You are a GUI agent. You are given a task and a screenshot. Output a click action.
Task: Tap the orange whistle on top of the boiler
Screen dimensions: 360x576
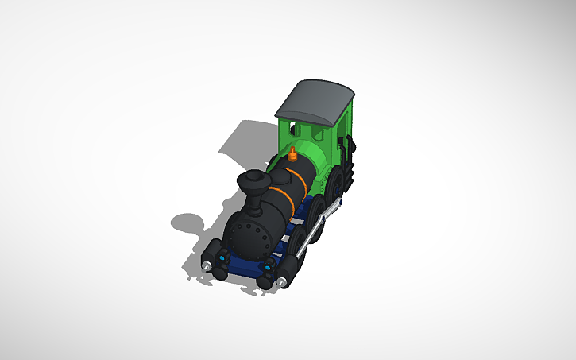(x=293, y=153)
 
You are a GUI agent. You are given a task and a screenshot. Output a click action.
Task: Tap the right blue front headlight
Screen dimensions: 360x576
(x=268, y=269)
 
